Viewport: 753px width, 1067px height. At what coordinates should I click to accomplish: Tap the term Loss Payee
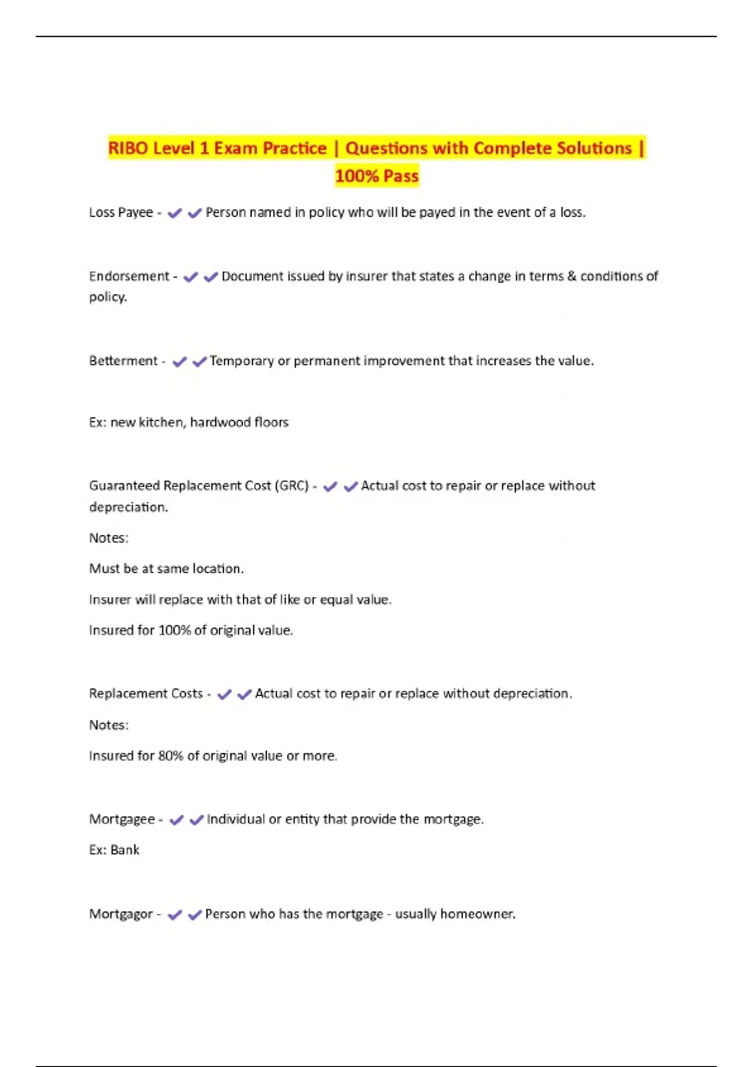(120, 213)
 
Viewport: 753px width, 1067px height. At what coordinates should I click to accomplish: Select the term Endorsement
(129, 276)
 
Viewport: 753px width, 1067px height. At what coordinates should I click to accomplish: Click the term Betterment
(123, 361)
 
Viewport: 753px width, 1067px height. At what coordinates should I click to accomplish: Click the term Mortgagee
(122, 819)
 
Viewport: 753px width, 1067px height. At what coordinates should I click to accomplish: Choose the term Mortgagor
(120, 914)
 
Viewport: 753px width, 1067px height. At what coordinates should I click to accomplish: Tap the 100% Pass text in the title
(376, 176)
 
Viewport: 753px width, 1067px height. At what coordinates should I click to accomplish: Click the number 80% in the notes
(171, 756)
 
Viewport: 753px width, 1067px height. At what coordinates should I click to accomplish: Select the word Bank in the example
(125, 850)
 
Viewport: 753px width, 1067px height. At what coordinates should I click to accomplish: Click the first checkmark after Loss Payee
(175, 213)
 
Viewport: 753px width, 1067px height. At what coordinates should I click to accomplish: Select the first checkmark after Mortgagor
(175, 914)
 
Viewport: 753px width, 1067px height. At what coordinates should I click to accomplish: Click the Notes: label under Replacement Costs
(109, 725)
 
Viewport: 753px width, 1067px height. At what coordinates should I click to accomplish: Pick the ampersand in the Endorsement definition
(572, 276)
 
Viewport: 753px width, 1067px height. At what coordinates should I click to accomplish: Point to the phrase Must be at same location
(166, 569)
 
